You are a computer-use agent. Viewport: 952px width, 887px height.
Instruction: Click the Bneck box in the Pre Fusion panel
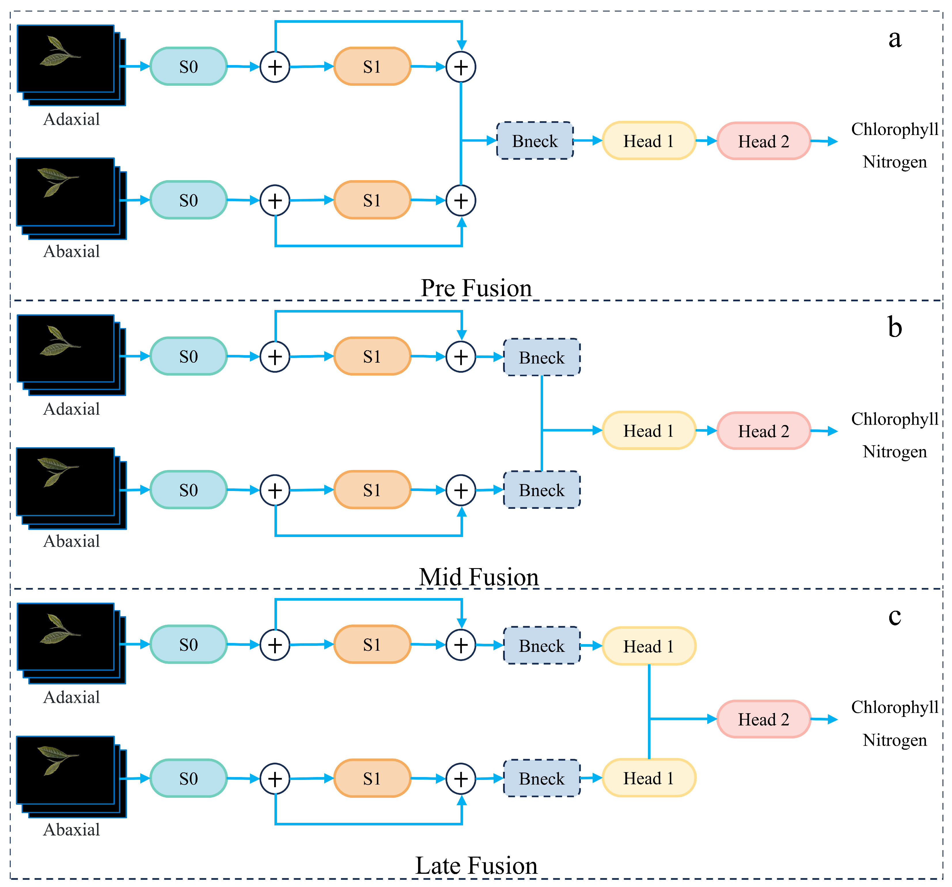point(535,141)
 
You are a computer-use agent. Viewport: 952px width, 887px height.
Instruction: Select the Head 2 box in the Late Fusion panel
point(763,719)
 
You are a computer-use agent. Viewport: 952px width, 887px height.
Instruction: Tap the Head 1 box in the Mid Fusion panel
point(649,430)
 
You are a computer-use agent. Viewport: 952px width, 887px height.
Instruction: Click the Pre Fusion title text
point(476,288)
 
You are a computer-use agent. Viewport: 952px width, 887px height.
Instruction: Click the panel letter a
point(894,39)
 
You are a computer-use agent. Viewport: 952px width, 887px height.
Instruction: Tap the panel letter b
point(894,328)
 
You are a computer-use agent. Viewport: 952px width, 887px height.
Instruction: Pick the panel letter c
point(894,616)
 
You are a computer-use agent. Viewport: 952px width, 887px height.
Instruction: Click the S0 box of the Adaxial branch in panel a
point(189,66)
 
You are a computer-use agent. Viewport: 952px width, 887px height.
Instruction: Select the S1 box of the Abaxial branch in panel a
point(372,200)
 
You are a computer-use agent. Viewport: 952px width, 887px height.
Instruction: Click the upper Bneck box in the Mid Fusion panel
point(542,357)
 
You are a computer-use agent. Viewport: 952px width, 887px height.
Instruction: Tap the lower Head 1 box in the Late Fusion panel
point(649,778)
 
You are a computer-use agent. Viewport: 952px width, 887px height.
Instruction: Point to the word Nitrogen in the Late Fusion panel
point(894,740)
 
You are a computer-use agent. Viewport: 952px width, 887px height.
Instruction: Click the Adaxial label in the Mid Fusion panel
point(72,409)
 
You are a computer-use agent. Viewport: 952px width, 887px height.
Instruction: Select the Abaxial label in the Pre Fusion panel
point(72,251)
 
